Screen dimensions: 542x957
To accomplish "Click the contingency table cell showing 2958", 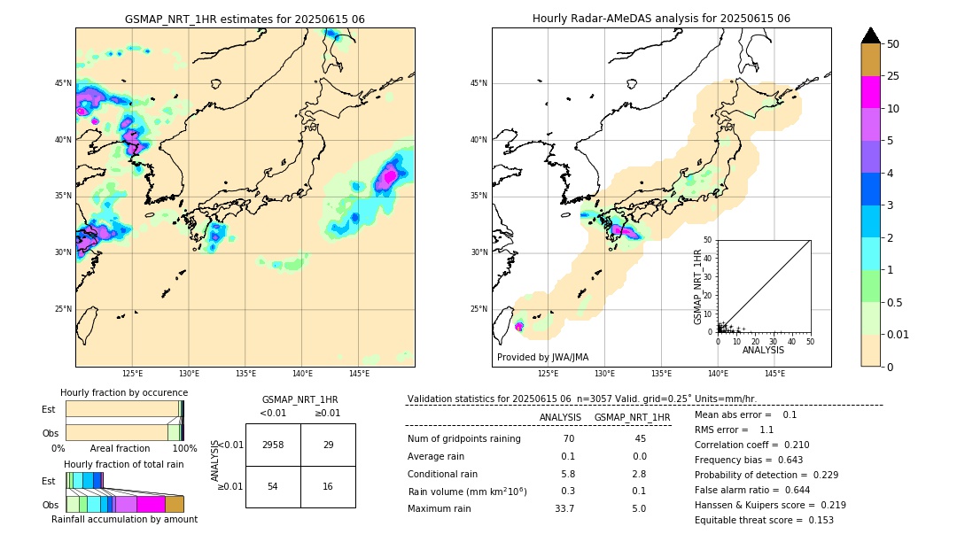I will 273,445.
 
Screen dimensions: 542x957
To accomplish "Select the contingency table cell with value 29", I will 328,445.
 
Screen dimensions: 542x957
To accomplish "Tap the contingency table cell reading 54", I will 273,487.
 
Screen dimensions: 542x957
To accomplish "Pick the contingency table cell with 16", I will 328,487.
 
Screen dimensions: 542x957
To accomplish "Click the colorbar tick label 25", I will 893,76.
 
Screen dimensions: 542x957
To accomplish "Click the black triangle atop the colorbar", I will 871,35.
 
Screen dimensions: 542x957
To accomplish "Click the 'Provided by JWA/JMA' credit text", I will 542,357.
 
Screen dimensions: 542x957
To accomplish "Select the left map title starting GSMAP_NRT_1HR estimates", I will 245,19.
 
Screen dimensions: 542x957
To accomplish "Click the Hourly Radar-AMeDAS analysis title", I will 661,19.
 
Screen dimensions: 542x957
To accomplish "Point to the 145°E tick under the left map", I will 359,374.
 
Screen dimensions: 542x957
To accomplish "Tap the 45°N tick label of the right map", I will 478,83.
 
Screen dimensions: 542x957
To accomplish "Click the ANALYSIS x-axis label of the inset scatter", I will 763,350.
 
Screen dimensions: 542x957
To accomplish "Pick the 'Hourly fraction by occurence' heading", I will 124,392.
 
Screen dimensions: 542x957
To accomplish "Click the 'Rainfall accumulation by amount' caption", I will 124,519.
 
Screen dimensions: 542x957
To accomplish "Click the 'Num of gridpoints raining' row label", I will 464,438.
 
